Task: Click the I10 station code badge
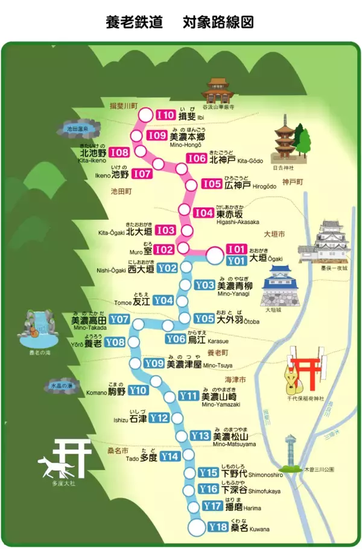click(x=166, y=115)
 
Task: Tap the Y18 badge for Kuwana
click(x=217, y=527)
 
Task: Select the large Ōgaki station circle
click(x=214, y=256)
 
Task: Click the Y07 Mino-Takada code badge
click(x=119, y=319)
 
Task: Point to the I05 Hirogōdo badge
click(x=212, y=184)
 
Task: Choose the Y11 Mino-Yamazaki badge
click(x=189, y=396)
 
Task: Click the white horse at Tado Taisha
click(x=51, y=465)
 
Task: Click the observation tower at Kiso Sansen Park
click(x=291, y=450)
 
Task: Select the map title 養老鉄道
click(x=134, y=22)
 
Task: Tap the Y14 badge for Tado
click(x=170, y=456)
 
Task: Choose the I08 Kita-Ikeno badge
click(x=119, y=153)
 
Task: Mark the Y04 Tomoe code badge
click(x=164, y=300)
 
